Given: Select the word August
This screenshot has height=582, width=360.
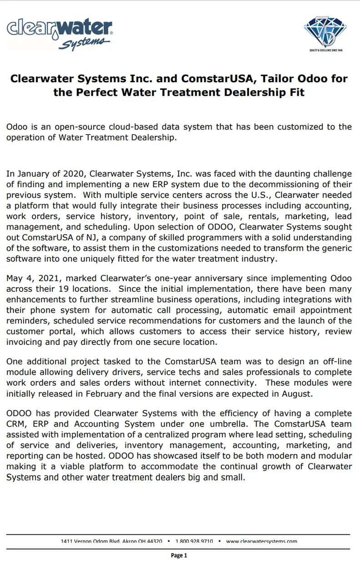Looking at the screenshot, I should pyautogui.click(x=296, y=394).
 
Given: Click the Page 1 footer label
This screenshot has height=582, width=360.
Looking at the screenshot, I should pyautogui.click(x=179, y=555).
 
